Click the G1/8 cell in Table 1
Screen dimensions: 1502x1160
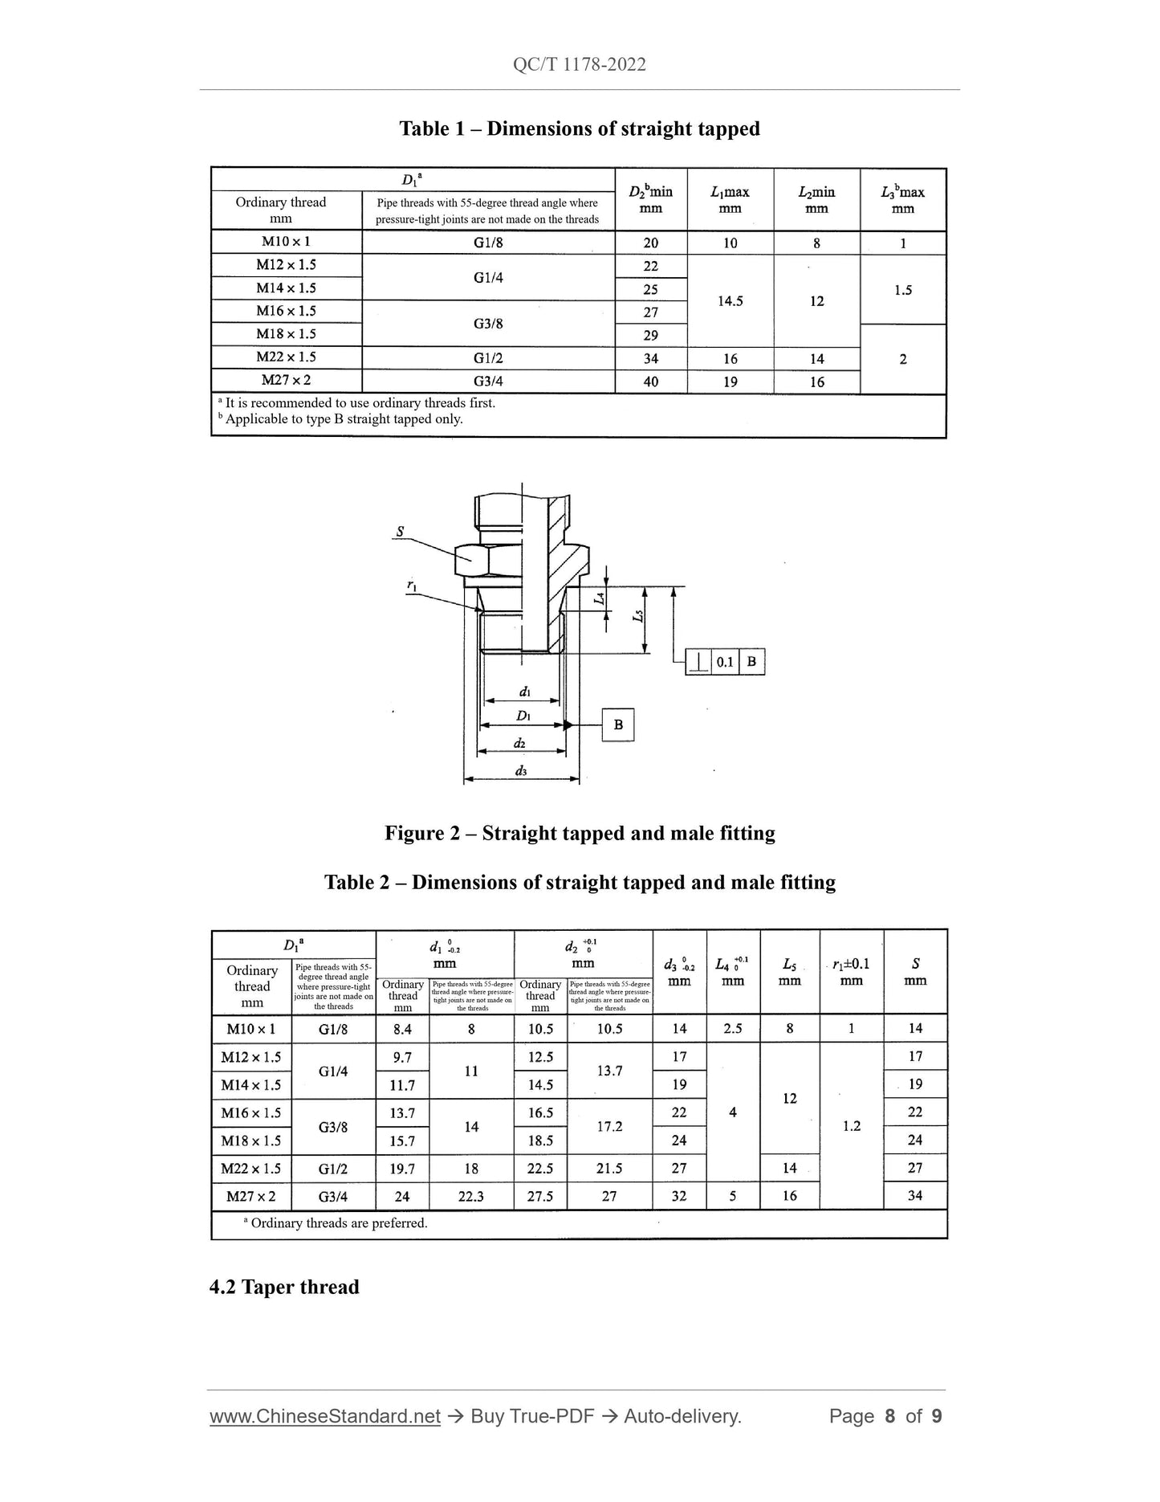(488, 243)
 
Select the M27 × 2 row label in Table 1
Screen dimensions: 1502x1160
(286, 381)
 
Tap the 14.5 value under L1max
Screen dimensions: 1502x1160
(730, 301)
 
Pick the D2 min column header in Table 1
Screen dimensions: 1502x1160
(650, 199)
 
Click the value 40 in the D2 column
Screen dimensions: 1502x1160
(650, 382)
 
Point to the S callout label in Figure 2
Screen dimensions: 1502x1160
(400, 532)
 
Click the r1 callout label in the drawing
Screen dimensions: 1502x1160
(412, 586)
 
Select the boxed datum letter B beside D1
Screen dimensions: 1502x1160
(618, 724)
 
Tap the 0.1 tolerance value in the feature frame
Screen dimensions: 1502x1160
(725, 662)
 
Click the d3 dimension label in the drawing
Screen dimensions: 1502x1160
(521, 771)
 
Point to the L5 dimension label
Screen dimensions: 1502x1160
(638, 616)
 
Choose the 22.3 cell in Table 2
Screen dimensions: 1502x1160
(471, 1196)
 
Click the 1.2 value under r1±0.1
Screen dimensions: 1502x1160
(852, 1126)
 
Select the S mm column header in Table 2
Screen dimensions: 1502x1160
(915, 971)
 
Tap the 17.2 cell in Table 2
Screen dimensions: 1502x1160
(609, 1126)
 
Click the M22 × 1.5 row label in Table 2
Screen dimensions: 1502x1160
(251, 1168)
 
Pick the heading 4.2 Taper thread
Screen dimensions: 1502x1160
(284, 1287)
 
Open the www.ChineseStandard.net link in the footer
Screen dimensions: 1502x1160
(325, 1416)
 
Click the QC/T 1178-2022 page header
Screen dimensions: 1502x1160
(579, 64)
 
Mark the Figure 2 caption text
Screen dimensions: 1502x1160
(580, 833)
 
